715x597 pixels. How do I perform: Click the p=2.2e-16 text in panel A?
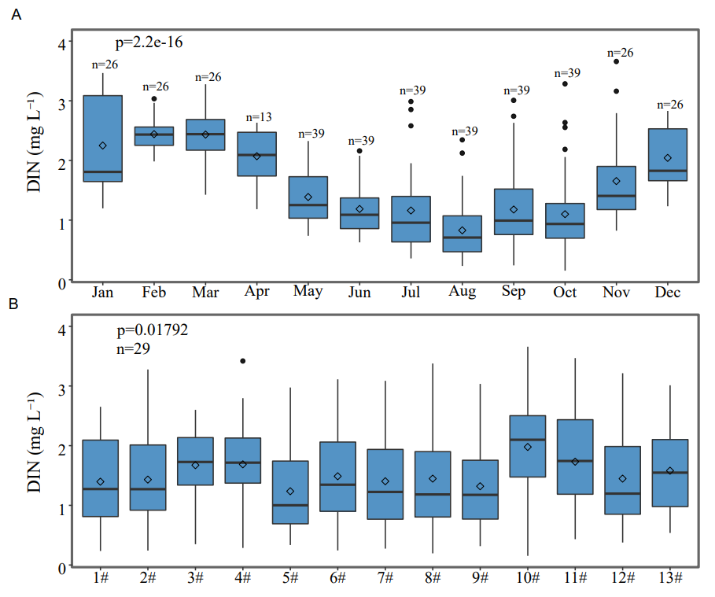point(149,42)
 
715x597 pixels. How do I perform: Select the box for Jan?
point(103,138)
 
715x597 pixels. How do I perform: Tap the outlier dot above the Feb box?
point(154,98)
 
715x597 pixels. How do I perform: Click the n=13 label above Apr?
point(256,117)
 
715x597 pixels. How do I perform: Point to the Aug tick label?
point(463,293)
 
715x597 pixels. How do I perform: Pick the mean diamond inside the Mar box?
point(205,135)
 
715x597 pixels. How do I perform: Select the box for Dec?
point(668,155)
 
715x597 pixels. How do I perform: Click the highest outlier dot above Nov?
point(617,61)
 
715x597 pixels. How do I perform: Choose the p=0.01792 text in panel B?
point(151,330)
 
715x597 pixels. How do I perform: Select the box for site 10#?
point(528,446)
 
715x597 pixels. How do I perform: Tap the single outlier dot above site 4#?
point(243,361)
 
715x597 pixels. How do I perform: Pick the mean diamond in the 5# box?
point(290,492)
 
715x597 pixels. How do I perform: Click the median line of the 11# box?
point(575,461)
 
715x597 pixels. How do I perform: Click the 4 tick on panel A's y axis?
point(61,41)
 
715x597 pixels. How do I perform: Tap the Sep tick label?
point(514,293)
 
